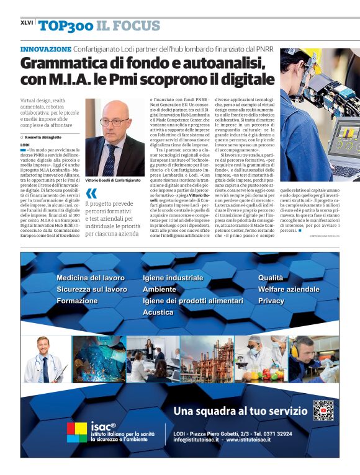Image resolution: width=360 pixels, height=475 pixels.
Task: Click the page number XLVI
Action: click(x=27, y=23)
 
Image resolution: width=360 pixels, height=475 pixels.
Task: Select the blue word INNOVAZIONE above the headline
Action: click(x=46, y=48)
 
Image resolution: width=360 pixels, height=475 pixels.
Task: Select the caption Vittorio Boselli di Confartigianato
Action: click(x=113, y=179)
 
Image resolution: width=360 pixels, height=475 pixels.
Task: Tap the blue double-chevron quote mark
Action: click(x=92, y=193)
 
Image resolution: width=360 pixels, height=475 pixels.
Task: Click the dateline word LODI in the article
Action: click(x=25, y=144)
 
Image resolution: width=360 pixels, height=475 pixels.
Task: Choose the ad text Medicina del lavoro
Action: click(x=91, y=278)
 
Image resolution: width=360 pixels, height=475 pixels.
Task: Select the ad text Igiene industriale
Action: click(x=173, y=278)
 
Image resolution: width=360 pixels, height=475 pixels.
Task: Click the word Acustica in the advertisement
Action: click(x=158, y=313)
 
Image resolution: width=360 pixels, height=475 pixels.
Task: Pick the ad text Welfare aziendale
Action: click(x=289, y=289)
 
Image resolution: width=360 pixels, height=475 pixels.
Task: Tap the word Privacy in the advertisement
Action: click(x=271, y=301)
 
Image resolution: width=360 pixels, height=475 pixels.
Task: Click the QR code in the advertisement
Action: click(x=323, y=410)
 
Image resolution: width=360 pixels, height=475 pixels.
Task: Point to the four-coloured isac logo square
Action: click(x=77, y=432)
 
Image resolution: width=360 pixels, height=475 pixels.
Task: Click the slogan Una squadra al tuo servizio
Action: click(x=240, y=411)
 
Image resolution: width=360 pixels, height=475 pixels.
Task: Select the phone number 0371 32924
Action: click(x=274, y=433)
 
